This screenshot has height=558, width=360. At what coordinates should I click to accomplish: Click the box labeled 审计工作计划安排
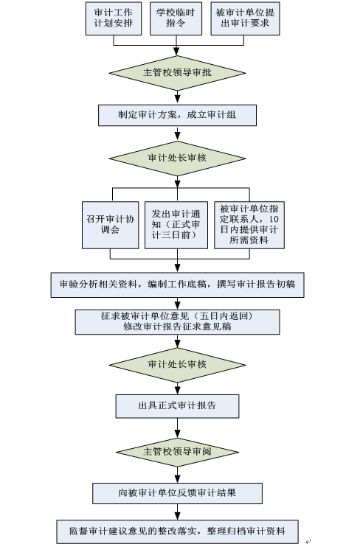coord(113,18)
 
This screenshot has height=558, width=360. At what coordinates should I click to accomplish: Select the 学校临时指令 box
coord(176,18)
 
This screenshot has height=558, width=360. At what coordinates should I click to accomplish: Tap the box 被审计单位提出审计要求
coord(245,18)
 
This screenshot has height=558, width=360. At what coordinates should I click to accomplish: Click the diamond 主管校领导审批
coord(177,73)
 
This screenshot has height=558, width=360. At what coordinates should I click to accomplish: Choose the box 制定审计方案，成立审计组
coord(177,115)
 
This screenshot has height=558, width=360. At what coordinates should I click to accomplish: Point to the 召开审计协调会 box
coord(111,225)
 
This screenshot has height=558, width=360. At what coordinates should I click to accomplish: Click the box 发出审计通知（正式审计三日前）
coord(176,225)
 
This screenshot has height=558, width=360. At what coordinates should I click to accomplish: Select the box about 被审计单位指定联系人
coord(249,225)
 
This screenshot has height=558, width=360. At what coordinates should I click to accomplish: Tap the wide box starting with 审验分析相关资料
coord(177,285)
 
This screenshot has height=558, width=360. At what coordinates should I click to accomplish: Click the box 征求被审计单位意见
coord(177,321)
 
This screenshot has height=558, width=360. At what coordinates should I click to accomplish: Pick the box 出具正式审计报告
coord(177,406)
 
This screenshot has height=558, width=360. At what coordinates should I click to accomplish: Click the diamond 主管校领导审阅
coord(177,452)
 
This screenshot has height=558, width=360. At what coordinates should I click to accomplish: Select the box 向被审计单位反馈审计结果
coord(177,493)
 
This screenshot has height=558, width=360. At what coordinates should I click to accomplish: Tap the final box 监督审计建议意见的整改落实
coord(177,531)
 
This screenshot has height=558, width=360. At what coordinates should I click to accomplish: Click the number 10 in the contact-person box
coord(274,219)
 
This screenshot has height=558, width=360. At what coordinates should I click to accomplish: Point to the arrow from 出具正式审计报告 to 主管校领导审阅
coord(177,428)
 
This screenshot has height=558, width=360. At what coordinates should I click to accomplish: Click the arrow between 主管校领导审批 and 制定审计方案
coord(177,97)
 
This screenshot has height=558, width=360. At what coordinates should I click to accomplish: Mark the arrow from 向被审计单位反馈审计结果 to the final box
coord(177,512)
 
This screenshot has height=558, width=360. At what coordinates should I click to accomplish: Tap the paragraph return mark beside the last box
coord(308,542)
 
